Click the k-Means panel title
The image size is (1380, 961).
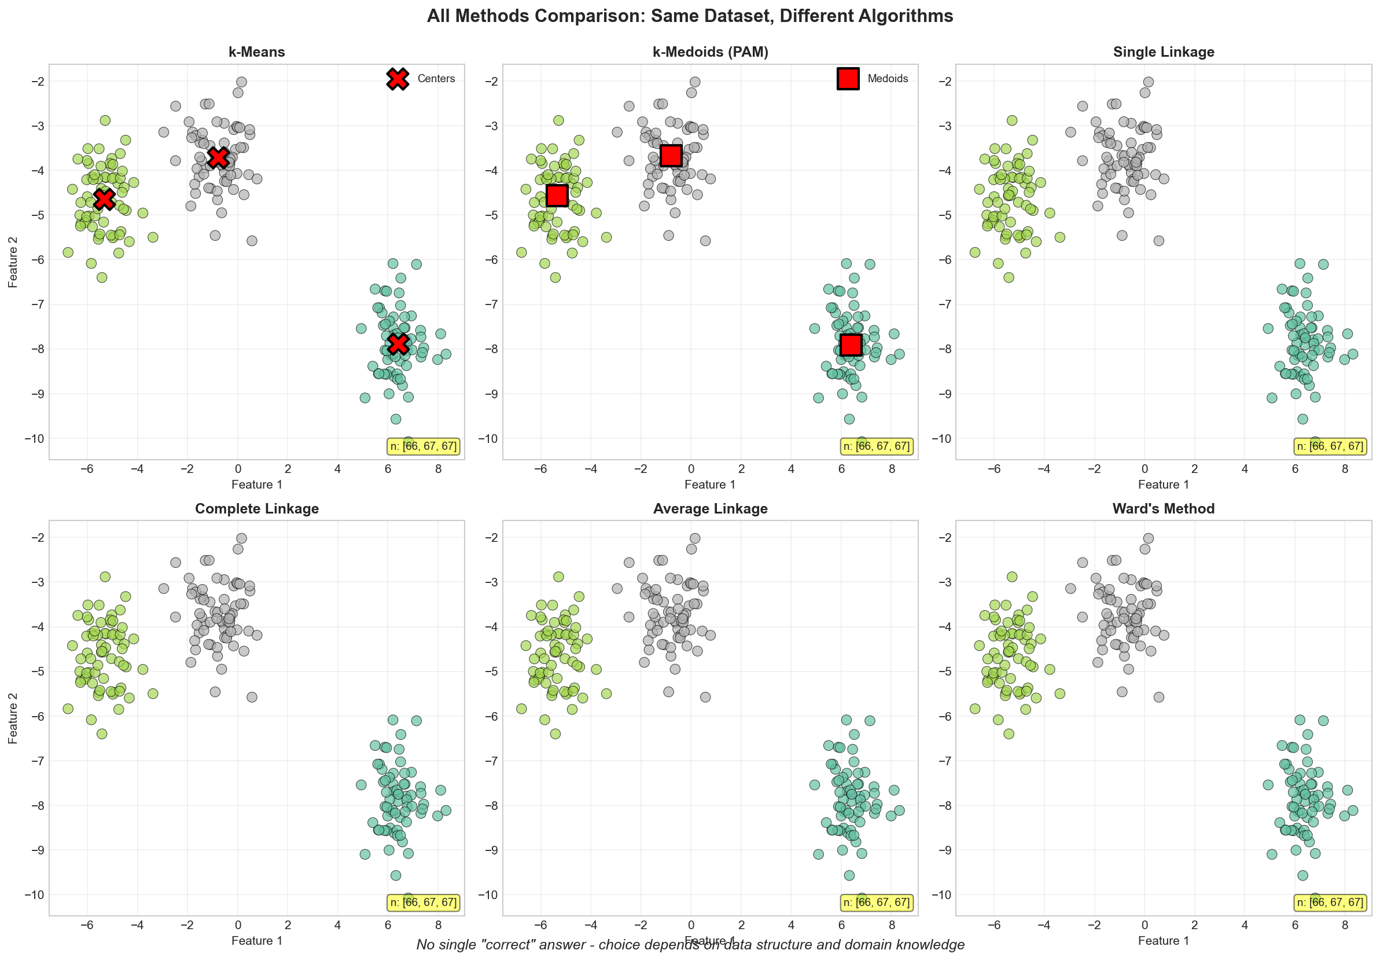point(257,52)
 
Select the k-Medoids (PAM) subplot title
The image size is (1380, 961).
point(711,52)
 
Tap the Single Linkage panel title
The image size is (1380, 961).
point(1164,52)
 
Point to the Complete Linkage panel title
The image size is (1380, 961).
point(257,509)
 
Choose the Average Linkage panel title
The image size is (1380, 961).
point(711,509)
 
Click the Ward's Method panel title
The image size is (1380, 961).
point(1164,509)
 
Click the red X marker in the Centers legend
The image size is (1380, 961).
point(398,79)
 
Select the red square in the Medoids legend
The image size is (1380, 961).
point(848,79)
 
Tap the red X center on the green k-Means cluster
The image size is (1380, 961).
point(105,199)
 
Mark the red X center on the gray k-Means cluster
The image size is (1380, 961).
point(218,157)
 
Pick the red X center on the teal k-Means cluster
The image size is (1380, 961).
point(398,343)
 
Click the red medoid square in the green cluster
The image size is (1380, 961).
point(557,196)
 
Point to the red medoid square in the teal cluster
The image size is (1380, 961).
point(851,344)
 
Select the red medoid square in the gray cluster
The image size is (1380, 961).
point(671,156)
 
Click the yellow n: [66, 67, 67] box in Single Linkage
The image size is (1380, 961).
point(1330,446)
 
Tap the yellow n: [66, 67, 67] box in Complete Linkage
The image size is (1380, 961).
point(423,902)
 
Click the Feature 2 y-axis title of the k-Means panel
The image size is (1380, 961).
point(13,262)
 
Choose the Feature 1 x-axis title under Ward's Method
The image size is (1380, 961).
point(1164,941)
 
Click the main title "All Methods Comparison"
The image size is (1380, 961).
point(690,16)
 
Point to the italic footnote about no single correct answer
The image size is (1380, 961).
point(690,945)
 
